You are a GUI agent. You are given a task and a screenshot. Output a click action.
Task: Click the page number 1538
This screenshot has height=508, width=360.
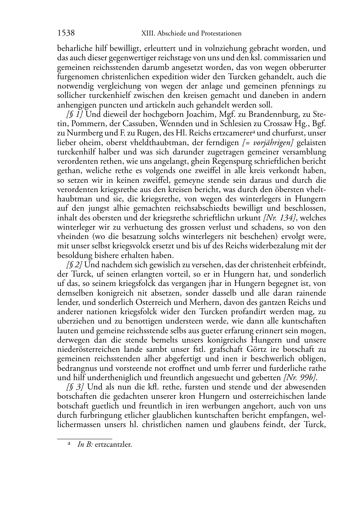point(66,33)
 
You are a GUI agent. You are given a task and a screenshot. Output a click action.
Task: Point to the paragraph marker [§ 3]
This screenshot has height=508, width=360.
point(75,387)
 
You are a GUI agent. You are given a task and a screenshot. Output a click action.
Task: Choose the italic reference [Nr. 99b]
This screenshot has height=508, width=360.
point(300,378)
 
